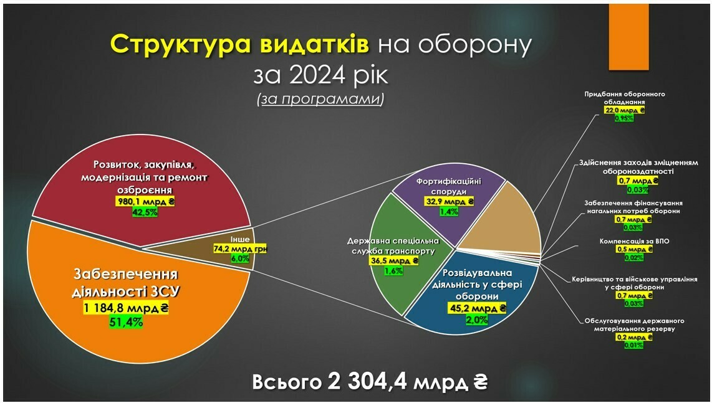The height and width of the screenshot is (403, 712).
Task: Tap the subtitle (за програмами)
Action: (x=320, y=99)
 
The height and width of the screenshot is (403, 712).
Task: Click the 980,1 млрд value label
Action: (x=145, y=202)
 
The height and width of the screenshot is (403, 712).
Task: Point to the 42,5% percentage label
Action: (x=145, y=212)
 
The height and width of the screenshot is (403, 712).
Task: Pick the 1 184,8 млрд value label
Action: (x=126, y=309)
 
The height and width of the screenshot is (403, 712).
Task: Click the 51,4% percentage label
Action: (x=126, y=322)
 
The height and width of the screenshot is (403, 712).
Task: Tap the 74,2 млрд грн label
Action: (x=240, y=249)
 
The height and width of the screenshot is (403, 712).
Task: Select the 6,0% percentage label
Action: (x=240, y=258)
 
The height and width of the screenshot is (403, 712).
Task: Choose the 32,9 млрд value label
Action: (x=450, y=202)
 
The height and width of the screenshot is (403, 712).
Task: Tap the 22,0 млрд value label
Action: (x=624, y=110)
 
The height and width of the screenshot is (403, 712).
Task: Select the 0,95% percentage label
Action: (x=624, y=118)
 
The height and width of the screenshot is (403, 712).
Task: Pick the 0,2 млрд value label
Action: (x=634, y=338)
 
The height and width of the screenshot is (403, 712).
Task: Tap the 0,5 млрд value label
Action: (x=634, y=250)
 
